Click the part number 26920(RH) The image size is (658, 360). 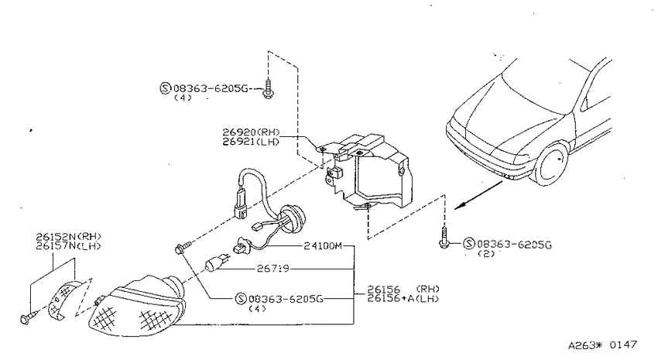point(251,133)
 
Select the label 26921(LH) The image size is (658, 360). point(251,142)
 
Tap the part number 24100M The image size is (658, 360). point(323,246)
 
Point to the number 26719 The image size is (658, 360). point(272,268)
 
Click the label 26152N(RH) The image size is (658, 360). point(68,237)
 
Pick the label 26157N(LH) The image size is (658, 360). point(68,246)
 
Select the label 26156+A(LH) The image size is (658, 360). point(403,299)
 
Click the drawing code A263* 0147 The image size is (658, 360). point(602,345)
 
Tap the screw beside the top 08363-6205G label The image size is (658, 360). point(266,88)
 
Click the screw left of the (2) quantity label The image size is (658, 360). point(444,237)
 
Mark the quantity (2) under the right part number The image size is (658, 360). point(486,254)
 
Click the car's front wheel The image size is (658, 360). point(552,164)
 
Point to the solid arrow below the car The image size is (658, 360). point(478,195)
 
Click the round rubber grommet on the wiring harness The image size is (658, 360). point(293,218)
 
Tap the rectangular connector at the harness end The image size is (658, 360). point(241,204)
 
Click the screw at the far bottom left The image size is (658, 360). point(27,317)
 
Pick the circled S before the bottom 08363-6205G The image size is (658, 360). point(241,298)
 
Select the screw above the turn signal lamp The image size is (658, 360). point(183,247)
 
